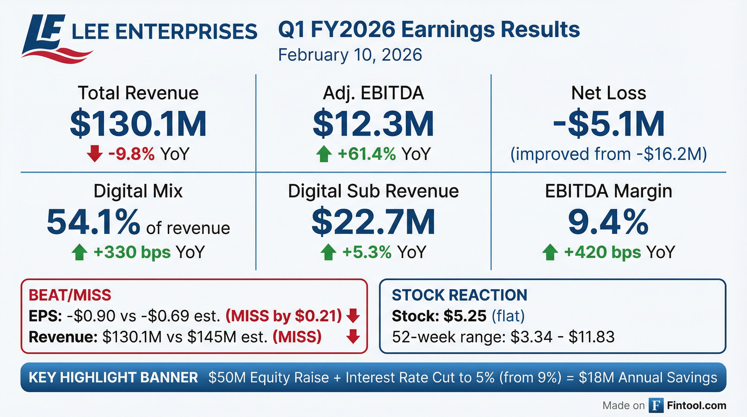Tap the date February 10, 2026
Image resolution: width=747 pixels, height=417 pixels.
point(350,55)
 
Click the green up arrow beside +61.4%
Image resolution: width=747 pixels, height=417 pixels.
point(324,154)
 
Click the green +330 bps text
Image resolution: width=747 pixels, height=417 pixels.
point(132,252)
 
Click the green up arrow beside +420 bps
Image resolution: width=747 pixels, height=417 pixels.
point(550,252)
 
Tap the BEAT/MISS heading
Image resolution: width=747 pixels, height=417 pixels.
point(70,295)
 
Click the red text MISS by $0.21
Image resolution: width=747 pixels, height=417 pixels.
point(284,316)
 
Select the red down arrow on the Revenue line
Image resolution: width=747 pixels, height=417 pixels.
point(353,336)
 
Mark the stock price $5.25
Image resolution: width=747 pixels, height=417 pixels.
point(465,316)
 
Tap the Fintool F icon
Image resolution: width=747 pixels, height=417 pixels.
point(656,405)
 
